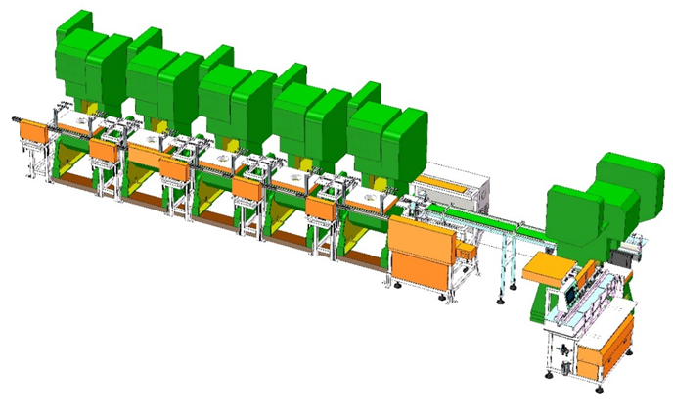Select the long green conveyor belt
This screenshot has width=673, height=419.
click(x=489, y=225)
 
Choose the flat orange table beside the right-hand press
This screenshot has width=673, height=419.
click(x=542, y=265)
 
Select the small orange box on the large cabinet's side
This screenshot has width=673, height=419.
click(x=468, y=254)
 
